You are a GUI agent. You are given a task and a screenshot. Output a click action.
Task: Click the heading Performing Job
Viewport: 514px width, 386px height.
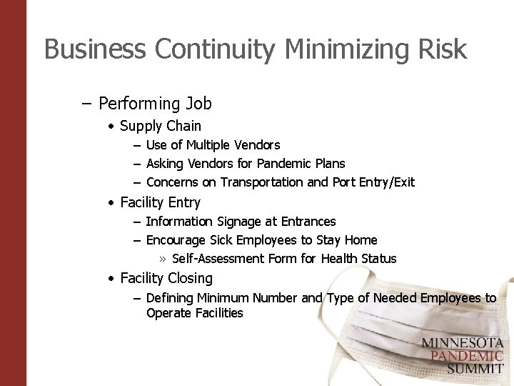point(155,104)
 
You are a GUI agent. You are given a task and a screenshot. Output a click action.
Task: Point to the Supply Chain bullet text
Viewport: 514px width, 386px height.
point(161,126)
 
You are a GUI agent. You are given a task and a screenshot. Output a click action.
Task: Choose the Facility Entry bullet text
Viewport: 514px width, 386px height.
point(161,202)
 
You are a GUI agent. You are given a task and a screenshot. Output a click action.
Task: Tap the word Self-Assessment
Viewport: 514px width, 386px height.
point(218,259)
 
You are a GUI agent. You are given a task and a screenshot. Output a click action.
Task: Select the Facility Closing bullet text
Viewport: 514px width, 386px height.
point(166,278)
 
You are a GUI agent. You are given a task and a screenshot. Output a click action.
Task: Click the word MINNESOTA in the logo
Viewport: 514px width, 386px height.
point(462,343)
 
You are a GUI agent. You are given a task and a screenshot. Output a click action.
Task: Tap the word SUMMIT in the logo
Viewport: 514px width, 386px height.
point(475,369)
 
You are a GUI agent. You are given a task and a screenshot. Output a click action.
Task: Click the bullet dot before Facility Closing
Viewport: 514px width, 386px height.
point(112,279)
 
